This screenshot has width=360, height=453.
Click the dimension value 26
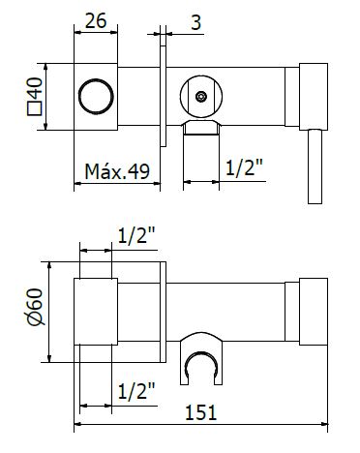tap(96, 21)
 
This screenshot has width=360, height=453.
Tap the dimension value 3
tap(196, 22)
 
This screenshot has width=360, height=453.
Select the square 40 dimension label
tap(35, 96)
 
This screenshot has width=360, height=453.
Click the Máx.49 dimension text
tap(117, 171)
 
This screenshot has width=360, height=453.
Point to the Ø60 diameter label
tap(35, 307)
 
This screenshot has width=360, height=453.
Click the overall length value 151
tap(200, 412)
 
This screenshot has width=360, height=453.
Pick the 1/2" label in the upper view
tap(244, 167)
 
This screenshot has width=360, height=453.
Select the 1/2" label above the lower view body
tap(136, 235)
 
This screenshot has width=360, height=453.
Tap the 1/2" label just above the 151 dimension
tap(136, 391)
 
